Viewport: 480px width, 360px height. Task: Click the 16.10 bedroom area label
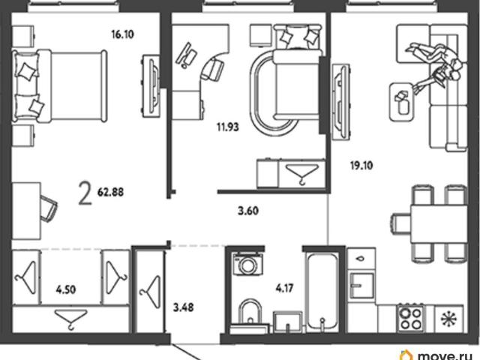pyautogui.click(x=122, y=34)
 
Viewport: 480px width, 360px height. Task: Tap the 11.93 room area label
pyautogui.click(x=228, y=127)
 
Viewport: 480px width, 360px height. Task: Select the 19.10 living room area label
pyautogui.click(x=361, y=166)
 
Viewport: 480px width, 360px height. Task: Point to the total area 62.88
pyautogui.click(x=110, y=192)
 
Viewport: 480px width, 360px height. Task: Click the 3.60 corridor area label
pyautogui.click(x=248, y=211)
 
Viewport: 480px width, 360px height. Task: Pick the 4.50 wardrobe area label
pyautogui.click(x=66, y=289)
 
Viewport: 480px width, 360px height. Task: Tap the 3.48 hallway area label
pyautogui.click(x=183, y=307)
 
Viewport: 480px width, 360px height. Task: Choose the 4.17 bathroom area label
pyautogui.click(x=285, y=288)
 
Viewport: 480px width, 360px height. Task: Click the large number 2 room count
pyautogui.click(x=85, y=193)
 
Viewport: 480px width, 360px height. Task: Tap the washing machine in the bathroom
pyautogui.click(x=247, y=263)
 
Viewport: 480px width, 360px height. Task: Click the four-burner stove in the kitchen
pyautogui.click(x=410, y=318)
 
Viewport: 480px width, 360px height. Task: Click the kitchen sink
pyautogui.click(x=362, y=285)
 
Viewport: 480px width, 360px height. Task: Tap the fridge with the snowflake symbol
pyautogui.click(x=448, y=319)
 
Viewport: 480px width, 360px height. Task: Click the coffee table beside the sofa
pyautogui.click(x=402, y=102)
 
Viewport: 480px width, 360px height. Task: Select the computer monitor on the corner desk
pyautogui.click(x=186, y=55)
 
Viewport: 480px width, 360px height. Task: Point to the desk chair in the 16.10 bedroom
pyautogui.click(x=49, y=208)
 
